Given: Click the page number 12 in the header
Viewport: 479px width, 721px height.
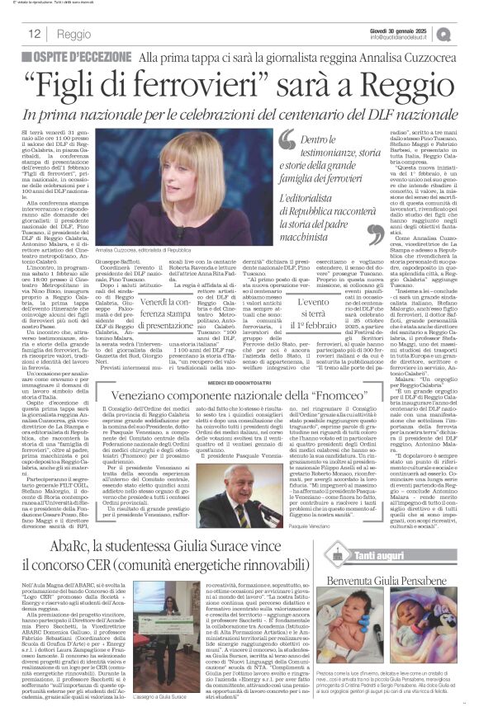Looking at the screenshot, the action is (x=35, y=33).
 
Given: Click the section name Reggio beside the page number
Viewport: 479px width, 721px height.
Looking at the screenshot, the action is (x=75, y=33).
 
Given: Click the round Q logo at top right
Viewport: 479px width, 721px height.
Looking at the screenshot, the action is (x=467, y=33).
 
